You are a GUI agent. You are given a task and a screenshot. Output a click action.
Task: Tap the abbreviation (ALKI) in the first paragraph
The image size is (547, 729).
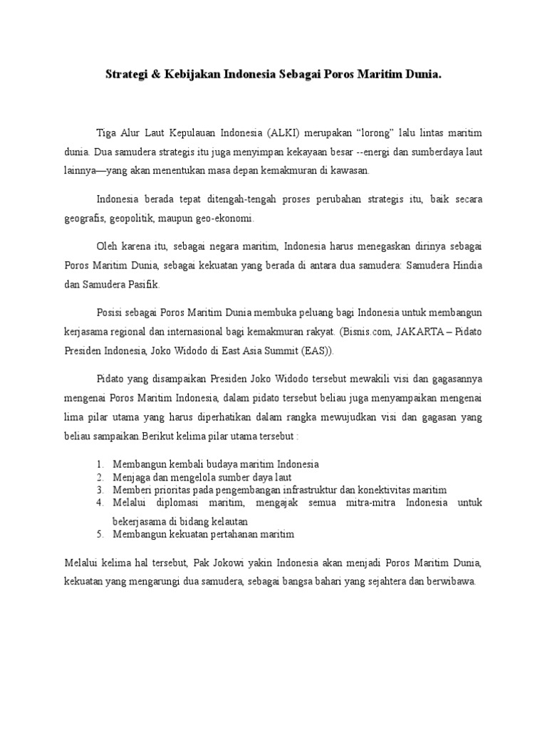pyautogui.click(x=268, y=133)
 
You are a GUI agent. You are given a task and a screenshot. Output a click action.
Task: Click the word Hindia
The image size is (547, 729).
pyautogui.click(x=466, y=265)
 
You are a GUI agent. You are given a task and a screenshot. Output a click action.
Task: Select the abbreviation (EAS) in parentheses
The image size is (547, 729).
pyautogui.click(x=316, y=350)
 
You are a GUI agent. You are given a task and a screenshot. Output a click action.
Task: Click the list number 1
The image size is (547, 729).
pyautogui.click(x=100, y=463)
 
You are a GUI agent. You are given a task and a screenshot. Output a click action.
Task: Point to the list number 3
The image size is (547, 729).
pyautogui.click(x=100, y=490)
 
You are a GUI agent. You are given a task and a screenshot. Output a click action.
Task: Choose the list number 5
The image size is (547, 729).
pyautogui.click(x=100, y=533)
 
